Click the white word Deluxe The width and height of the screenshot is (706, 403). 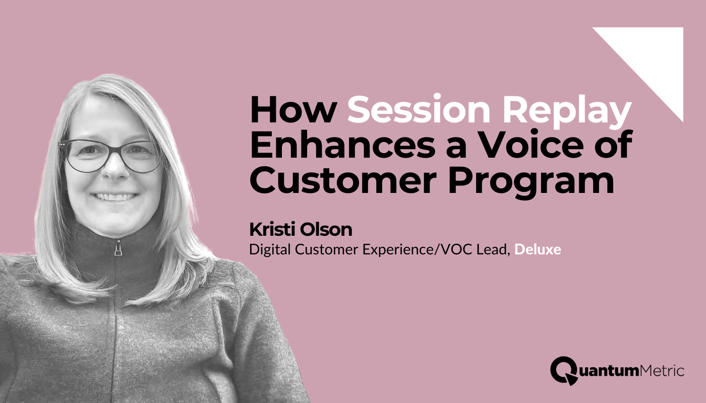point(538,249)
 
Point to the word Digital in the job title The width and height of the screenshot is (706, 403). point(267,249)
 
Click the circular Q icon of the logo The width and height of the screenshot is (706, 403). point(564,370)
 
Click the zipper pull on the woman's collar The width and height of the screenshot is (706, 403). point(118,248)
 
